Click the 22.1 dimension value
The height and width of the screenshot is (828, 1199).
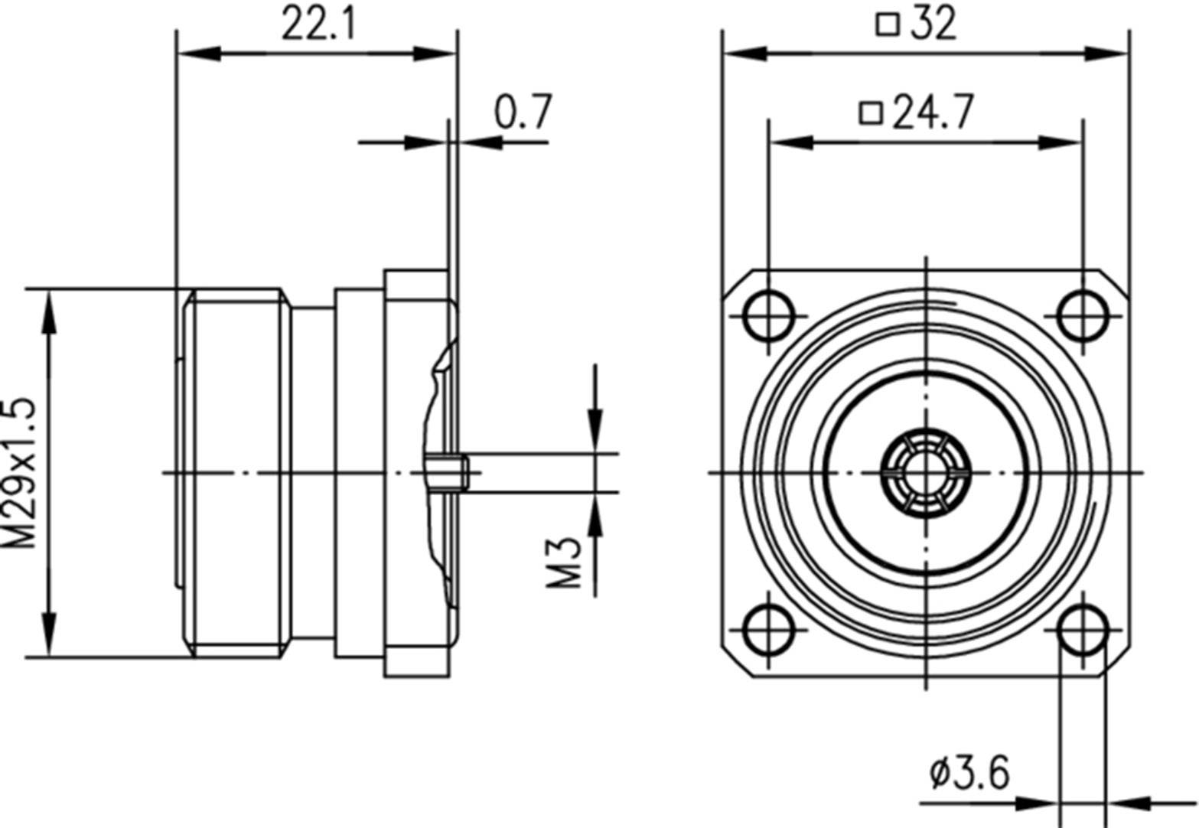tap(318, 24)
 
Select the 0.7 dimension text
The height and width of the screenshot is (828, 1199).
tap(523, 112)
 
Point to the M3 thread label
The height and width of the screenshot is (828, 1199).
tap(564, 562)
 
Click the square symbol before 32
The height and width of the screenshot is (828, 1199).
tap(887, 24)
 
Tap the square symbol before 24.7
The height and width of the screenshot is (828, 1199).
tap(870, 113)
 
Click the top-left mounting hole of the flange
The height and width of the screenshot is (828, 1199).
tap(768, 315)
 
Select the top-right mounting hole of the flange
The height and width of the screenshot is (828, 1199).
tap(1082, 315)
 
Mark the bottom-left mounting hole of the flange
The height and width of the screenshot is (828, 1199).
tap(768, 629)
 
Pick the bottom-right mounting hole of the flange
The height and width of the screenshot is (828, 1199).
tap(1082, 629)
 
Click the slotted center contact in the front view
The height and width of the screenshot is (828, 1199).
tap(925, 472)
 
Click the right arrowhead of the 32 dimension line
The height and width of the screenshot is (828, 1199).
tap(1109, 54)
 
